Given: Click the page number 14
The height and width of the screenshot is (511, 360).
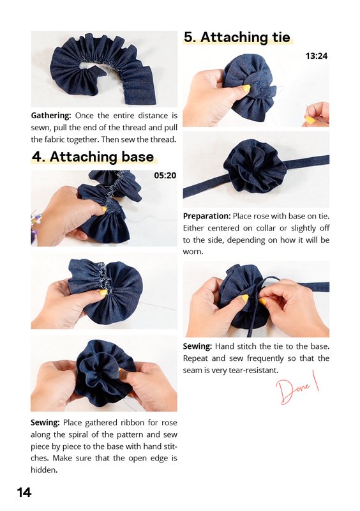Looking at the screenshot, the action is tap(24, 492).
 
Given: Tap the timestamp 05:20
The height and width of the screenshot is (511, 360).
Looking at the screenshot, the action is tap(165, 175).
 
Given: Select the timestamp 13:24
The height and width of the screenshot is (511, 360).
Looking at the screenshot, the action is tap(317, 56).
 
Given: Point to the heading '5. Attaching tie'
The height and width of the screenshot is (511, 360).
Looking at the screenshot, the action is tap(237, 37).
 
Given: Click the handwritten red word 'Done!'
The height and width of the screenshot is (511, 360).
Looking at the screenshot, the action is tap(297, 387).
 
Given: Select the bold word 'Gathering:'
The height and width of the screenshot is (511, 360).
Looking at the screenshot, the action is tap(51, 116).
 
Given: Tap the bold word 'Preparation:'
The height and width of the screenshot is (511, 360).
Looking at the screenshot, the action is tap(207, 216).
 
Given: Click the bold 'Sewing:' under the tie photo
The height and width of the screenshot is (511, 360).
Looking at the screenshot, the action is tap(197, 346).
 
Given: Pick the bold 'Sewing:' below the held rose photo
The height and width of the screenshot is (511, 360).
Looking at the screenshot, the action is tap(45, 423).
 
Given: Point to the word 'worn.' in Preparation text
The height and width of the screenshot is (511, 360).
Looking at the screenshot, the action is tap(193, 252).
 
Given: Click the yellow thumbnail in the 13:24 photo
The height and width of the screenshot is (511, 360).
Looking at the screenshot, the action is tap(246, 89).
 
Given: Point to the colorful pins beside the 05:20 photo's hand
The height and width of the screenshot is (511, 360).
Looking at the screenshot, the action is tap(36, 221).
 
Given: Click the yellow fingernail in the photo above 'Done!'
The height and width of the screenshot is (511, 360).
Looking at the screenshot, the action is tap(244, 298).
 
